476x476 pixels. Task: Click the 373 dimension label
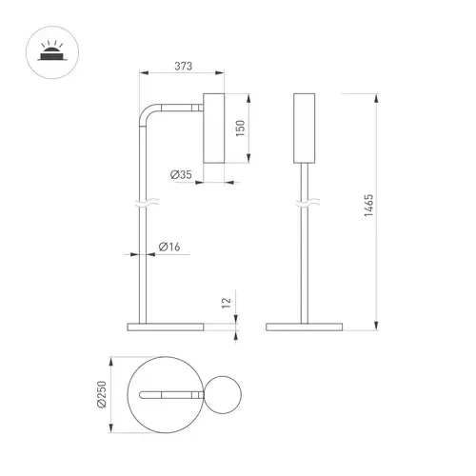coord(184,66)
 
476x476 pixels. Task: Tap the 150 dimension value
coord(241,129)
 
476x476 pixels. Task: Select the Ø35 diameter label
coord(181,174)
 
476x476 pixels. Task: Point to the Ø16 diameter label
coord(169,247)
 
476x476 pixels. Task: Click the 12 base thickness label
coord(226,303)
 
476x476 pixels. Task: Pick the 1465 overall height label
coord(368,206)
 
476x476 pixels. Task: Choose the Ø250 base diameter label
coord(102,394)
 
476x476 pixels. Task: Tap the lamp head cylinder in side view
coord(214,129)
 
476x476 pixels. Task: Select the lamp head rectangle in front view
coord(305,129)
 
